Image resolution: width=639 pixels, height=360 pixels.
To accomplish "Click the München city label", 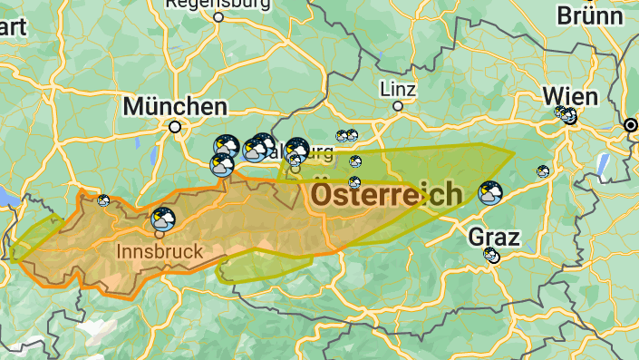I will click(175, 106).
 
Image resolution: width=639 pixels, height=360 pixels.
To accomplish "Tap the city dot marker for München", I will click(175, 127).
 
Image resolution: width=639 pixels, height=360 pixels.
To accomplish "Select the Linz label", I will click(398, 89).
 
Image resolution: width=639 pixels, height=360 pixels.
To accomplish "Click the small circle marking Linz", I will click(397, 106).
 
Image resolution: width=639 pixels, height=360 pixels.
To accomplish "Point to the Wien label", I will click(570, 96).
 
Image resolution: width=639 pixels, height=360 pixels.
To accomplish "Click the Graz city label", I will click(494, 238).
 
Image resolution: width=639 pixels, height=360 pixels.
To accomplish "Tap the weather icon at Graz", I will click(491, 256).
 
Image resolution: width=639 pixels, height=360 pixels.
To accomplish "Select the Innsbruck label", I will click(160, 249).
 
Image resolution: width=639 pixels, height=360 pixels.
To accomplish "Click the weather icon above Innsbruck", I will click(164, 219).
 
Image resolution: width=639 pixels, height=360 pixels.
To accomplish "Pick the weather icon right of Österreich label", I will click(490, 193).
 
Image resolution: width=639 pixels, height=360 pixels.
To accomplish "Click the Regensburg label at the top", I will click(218, 4).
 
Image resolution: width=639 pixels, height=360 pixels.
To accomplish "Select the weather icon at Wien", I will click(566, 115).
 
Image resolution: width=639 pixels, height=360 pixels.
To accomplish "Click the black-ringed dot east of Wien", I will click(631, 126).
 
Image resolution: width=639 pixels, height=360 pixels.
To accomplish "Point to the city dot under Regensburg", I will click(219, 16).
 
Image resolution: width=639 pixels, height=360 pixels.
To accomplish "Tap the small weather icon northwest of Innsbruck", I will click(104, 200).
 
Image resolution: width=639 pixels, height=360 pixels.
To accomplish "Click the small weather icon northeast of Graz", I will click(543, 170).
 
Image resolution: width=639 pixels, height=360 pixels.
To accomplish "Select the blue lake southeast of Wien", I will click(603, 166).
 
